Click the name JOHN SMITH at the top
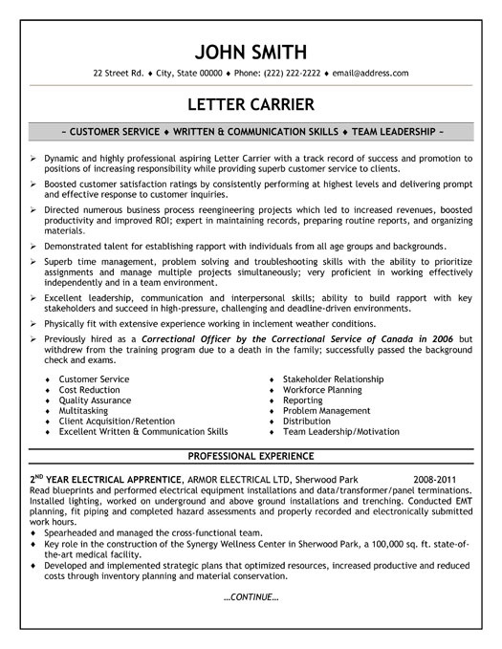(251, 50)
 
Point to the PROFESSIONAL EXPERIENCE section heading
(251, 455)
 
